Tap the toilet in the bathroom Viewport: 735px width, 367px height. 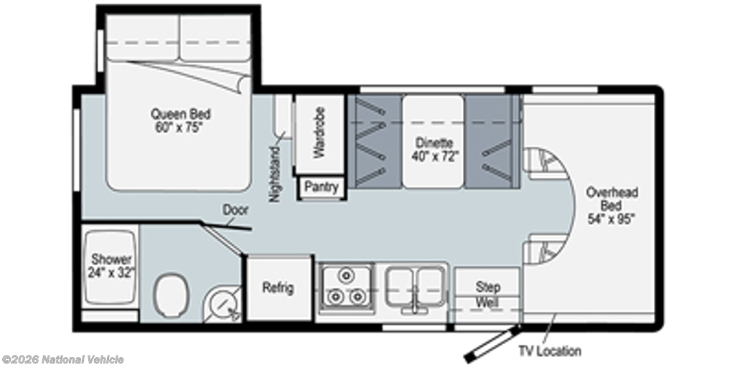pos(171,295)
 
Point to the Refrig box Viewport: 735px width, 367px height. pos(279,288)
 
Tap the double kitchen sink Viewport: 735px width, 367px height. pos(416,288)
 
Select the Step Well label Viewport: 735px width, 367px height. pos(487,295)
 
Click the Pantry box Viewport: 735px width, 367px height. pos(322,187)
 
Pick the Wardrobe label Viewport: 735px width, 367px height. pos(319,133)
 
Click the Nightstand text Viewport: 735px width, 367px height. pos(275,174)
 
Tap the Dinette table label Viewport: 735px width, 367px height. pos(434,150)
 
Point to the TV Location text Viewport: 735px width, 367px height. pos(549,351)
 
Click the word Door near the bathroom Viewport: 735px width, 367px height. pos(235,210)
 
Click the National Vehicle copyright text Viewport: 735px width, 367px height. pos(63,360)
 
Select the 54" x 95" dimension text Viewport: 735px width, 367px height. pos(612,219)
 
